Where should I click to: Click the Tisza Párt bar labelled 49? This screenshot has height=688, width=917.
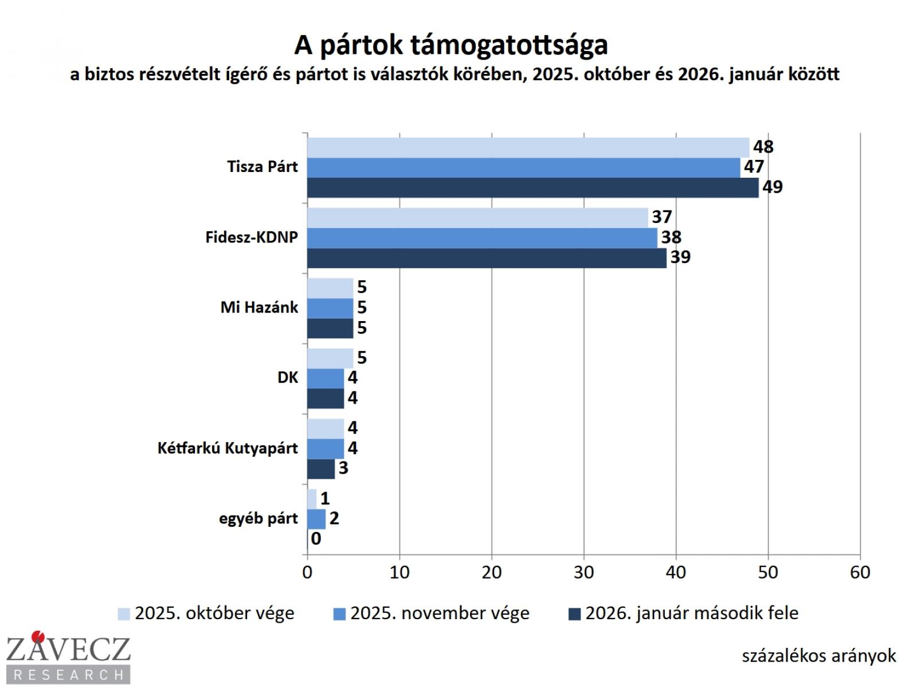click(533, 187)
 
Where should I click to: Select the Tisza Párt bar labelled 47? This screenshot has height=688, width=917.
click(524, 167)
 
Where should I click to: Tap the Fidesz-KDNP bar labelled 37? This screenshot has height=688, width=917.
click(477, 217)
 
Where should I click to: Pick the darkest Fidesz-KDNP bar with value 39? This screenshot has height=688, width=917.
click(487, 257)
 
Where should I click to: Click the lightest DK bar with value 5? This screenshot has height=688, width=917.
click(330, 358)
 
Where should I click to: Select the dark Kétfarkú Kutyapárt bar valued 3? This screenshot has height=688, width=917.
click(321, 468)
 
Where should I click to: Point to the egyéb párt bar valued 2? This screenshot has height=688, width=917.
click(316, 519)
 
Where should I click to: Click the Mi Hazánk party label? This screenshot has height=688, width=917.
click(259, 307)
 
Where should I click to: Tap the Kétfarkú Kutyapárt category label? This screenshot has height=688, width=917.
click(228, 448)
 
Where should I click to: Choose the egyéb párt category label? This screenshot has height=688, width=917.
click(258, 518)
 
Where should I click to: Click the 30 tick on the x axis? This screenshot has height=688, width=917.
click(583, 572)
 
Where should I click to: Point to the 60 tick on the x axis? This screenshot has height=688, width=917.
click(860, 572)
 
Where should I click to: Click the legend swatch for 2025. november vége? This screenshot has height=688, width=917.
click(339, 614)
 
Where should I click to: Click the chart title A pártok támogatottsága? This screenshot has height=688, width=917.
click(451, 45)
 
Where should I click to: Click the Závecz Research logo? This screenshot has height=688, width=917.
click(68, 657)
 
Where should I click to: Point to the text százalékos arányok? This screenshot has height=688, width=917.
click(818, 655)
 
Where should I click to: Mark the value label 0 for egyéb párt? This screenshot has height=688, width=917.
click(316, 539)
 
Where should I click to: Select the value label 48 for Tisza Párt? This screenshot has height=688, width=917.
click(763, 147)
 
